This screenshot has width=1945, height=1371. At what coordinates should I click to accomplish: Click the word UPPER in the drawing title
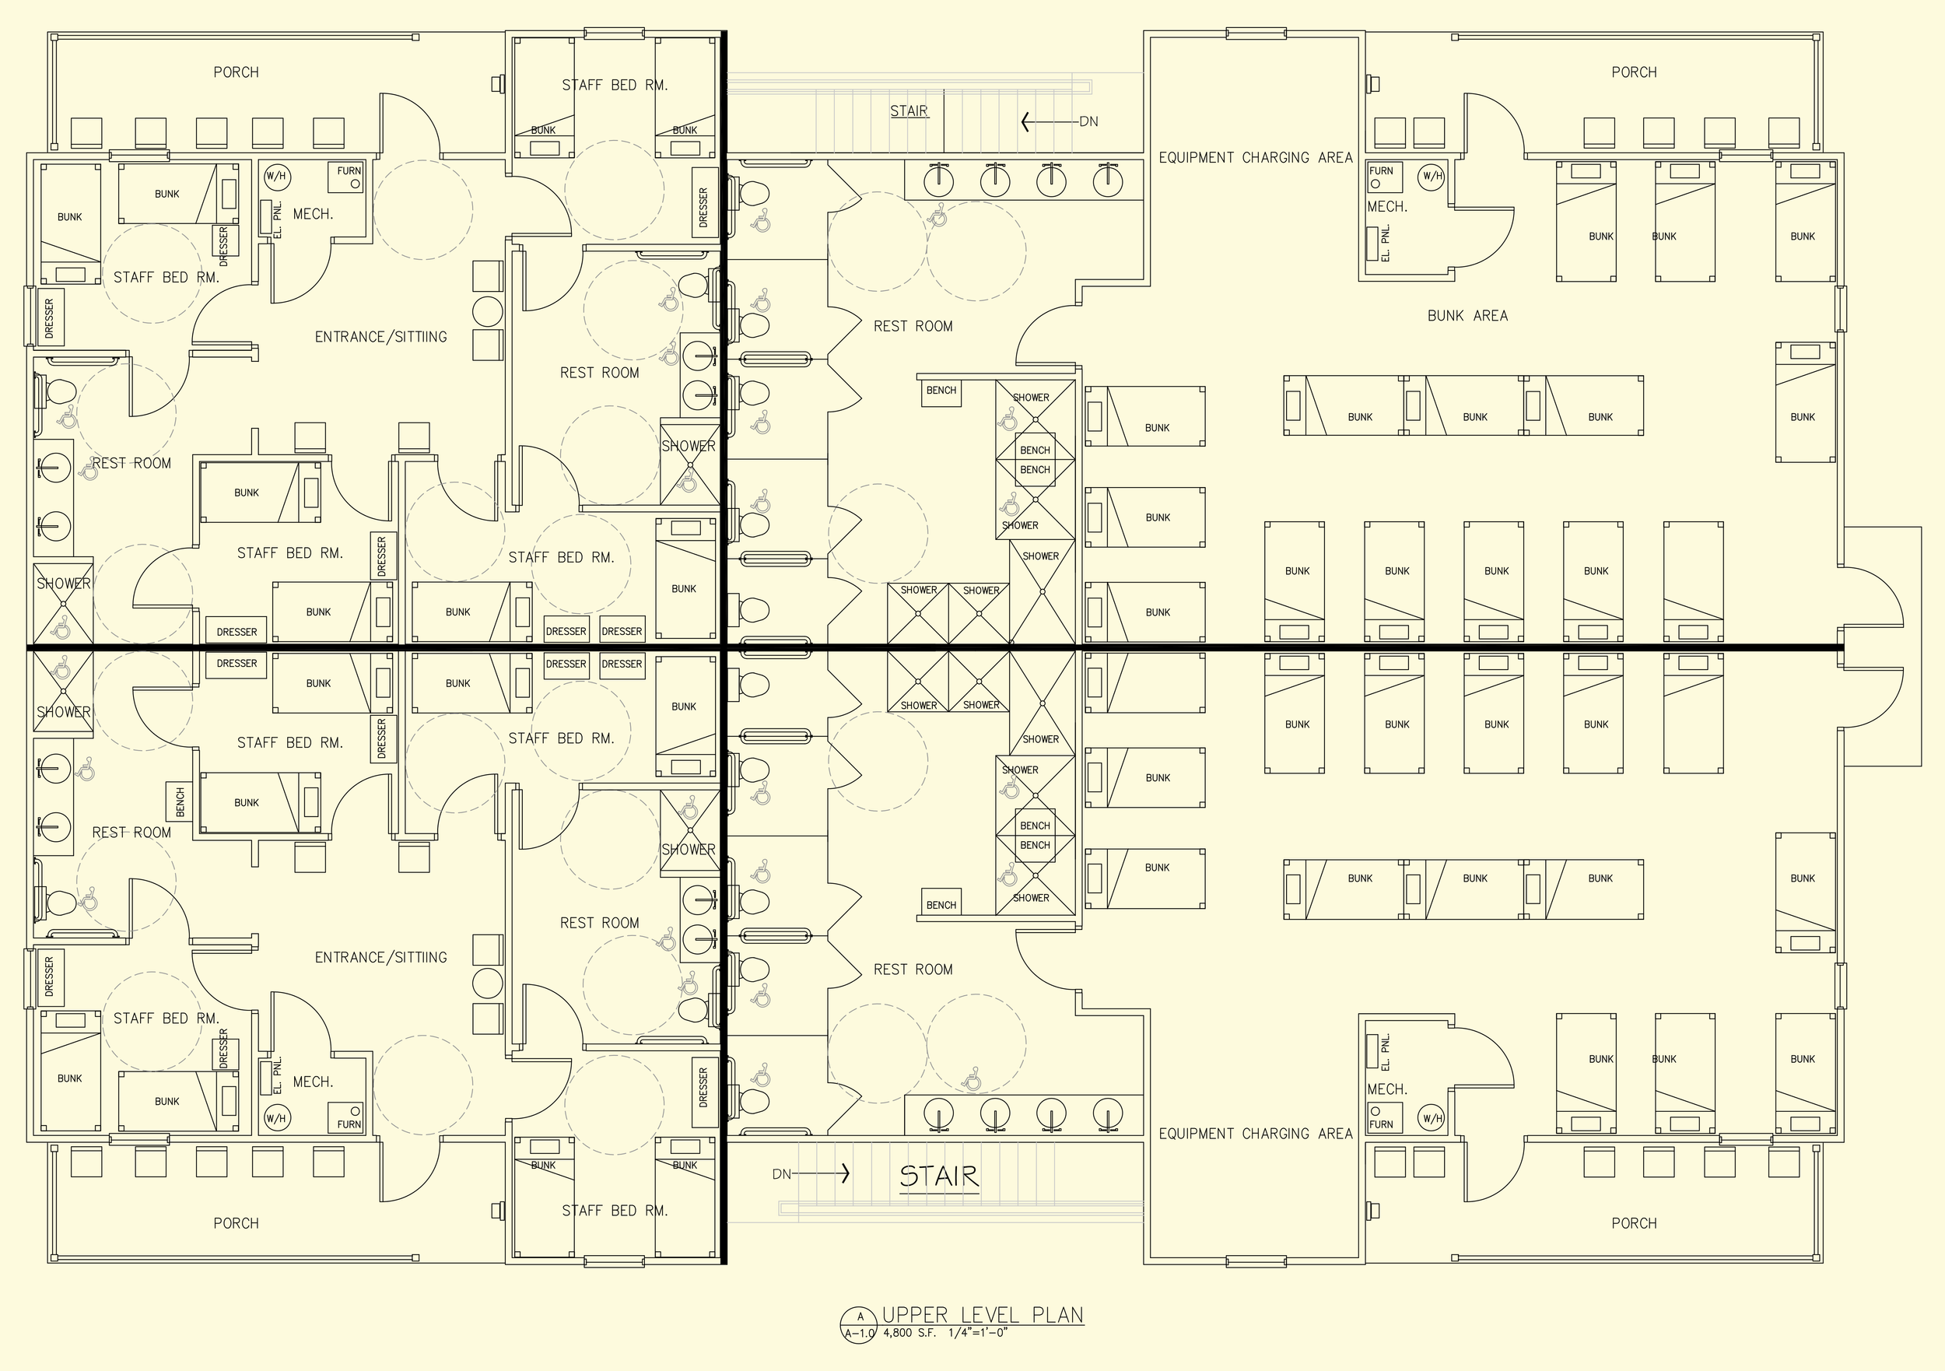[x=915, y=1315]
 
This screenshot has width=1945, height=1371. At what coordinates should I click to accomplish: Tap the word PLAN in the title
[x=1057, y=1315]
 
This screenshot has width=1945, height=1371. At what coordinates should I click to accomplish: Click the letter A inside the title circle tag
[x=861, y=1317]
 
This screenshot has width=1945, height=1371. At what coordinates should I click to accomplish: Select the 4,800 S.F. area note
[x=909, y=1333]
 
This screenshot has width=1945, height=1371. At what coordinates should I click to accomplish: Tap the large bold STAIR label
[x=938, y=1176]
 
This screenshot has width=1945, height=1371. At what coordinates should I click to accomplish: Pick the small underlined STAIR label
[x=909, y=111]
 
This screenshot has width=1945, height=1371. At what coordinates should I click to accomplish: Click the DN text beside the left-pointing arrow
[x=1088, y=122]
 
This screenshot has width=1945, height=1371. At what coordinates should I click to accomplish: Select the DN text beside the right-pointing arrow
[x=781, y=1174]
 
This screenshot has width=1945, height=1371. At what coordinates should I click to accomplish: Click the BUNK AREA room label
[x=1467, y=316]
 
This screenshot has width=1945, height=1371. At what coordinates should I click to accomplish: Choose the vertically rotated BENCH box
[x=180, y=801]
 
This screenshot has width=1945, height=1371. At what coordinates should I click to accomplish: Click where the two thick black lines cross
[x=724, y=648]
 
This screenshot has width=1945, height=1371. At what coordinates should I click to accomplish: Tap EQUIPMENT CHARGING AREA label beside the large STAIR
[x=1255, y=1134]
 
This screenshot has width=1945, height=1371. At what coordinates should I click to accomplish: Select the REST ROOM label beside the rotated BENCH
[x=131, y=833]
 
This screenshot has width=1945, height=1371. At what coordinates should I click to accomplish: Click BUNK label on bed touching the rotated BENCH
[x=247, y=802]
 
